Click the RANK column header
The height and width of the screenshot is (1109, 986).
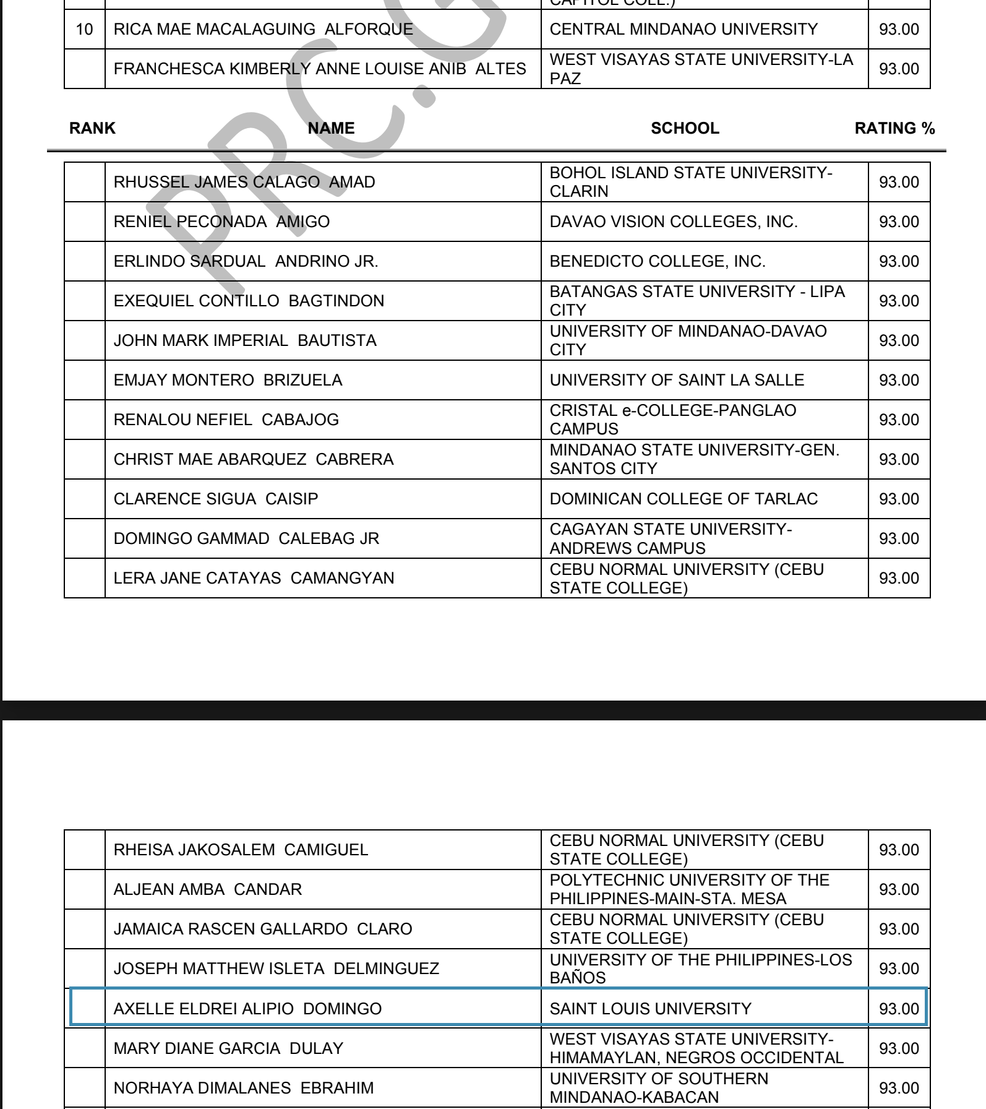[x=92, y=128]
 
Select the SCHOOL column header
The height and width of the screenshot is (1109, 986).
[x=685, y=128]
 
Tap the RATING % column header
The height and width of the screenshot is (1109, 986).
[x=894, y=128]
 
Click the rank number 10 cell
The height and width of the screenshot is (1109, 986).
[x=85, y=29]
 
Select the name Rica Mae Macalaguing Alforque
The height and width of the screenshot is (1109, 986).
[x=263, y=29]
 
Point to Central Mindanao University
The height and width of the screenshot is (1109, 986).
[x=684, y=29]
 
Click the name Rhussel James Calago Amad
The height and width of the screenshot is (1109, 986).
[x=244, y=182]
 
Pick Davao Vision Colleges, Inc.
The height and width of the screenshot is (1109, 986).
[x=674, y=222]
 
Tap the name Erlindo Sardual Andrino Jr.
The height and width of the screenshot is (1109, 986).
[x=246, y=261]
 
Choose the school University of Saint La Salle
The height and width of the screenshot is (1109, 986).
[x=677, y=380]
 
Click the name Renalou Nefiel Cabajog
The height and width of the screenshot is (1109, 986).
[x=226, y=420]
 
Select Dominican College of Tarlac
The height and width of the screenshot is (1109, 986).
[x=684, y=499]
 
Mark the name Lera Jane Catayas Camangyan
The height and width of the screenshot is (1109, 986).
[x=254, y=578]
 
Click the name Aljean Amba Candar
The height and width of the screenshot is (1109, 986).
[x=208, y=889]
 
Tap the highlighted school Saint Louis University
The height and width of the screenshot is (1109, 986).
[x=650, y=1009]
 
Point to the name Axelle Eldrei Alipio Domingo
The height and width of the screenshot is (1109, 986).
[x=247, y=1009]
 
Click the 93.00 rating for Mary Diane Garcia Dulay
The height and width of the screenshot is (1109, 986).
[x=899, y=1048]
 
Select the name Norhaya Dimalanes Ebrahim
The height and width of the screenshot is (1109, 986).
[x=244, y=1088]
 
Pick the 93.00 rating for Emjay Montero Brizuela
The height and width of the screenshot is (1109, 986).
[x=899, y=380]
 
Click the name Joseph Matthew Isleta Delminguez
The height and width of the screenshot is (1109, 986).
[x=276, y=969]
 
